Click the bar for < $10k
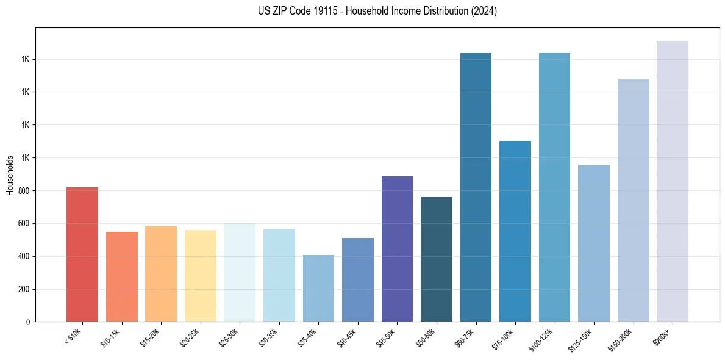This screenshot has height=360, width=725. coord(82,254)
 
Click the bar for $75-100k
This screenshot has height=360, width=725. coord(515,231)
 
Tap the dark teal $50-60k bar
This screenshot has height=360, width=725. coord(437,259)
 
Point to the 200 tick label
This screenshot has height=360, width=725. coord(23,289)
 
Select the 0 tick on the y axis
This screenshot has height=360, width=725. coord(28,322)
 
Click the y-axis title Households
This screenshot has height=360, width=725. coord(10,175)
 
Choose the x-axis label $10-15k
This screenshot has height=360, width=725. coord(110,337)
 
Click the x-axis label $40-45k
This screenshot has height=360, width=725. coord(346,337)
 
